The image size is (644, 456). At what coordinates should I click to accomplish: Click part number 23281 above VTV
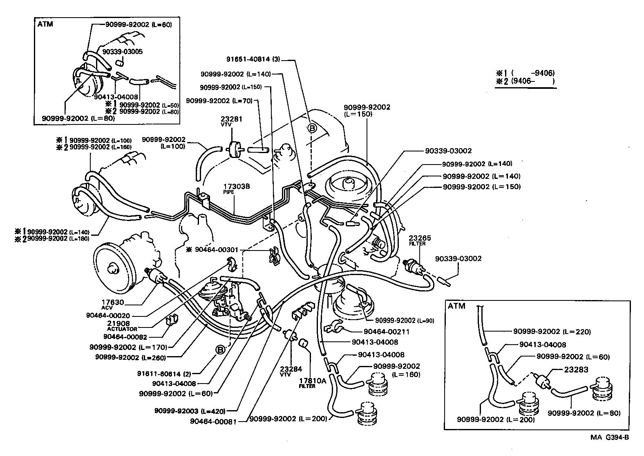pos(232,119)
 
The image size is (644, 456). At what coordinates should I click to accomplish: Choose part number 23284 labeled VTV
pos(291,369)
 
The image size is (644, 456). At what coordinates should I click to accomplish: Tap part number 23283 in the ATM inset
pos(576,370)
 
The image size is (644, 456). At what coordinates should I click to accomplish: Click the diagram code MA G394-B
pos(609,437)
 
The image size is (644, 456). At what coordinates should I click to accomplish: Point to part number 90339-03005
pos(122,52)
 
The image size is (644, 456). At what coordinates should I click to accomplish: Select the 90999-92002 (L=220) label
pos(552,332)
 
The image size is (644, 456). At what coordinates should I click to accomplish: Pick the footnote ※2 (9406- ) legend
pos(525,81)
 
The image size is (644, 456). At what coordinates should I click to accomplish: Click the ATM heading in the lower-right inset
pos(456,306)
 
